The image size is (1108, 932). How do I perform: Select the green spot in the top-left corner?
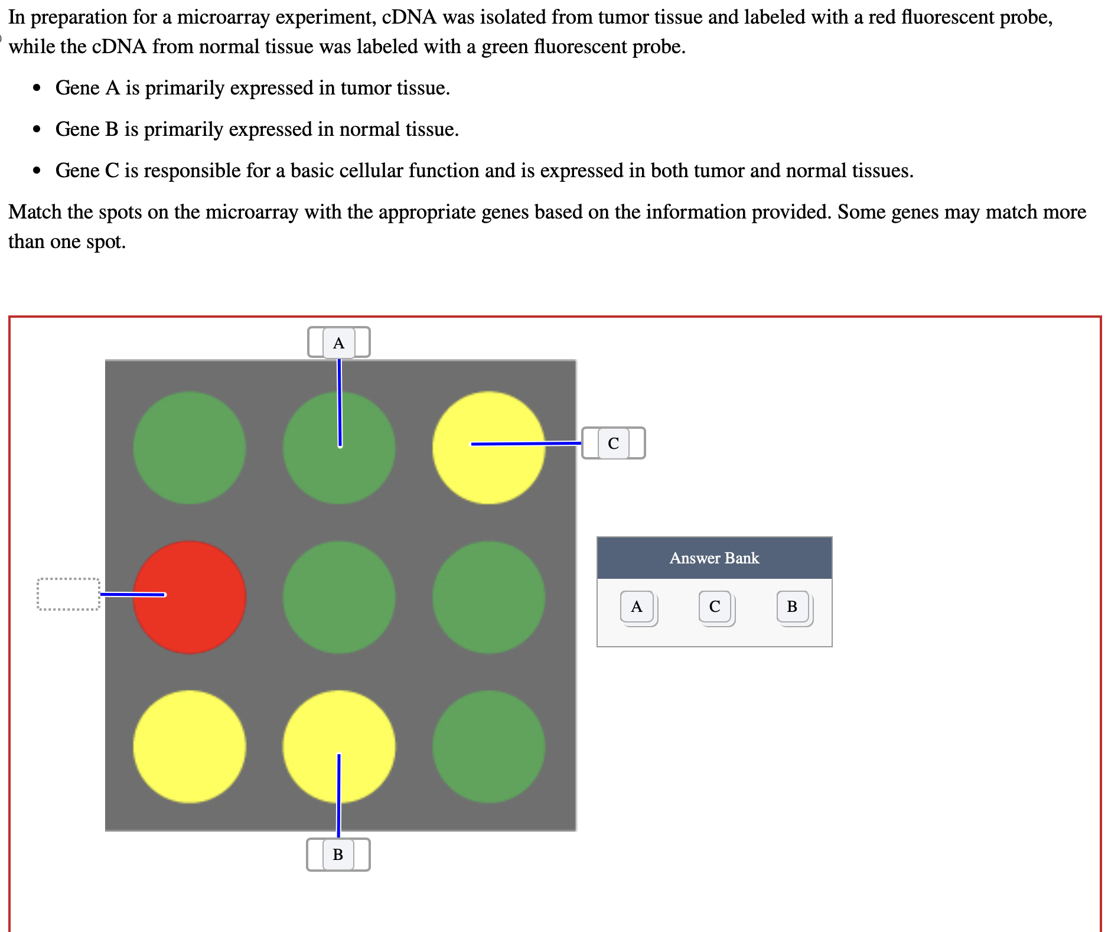click(x=189, y=448)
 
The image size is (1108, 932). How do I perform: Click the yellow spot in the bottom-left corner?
click(x=189, y=747)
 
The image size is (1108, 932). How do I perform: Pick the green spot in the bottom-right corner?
click(x=488, y=747)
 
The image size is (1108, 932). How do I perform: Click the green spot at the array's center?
click(x=338, y=597)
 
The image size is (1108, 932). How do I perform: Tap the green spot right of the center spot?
click(x=488, y=597)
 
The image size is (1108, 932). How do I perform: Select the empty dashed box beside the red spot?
click(x=68, y=594)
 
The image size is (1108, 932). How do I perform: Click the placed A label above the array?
click(x=338, y=343)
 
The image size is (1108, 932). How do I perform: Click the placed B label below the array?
click(x=338, y=854)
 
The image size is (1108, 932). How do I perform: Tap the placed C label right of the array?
click(x=613, y=443)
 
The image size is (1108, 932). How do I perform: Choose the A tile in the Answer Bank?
click(x=637, y=607)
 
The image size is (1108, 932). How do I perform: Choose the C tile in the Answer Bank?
click(x=715, y=607)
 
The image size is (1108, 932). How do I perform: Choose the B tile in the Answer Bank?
click(x=792, y=607)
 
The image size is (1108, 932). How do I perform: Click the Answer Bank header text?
click(x=714, y=558)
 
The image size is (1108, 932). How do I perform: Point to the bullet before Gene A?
click(x=37, y=89)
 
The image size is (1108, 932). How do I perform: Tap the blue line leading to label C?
click(x=526, y=443)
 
